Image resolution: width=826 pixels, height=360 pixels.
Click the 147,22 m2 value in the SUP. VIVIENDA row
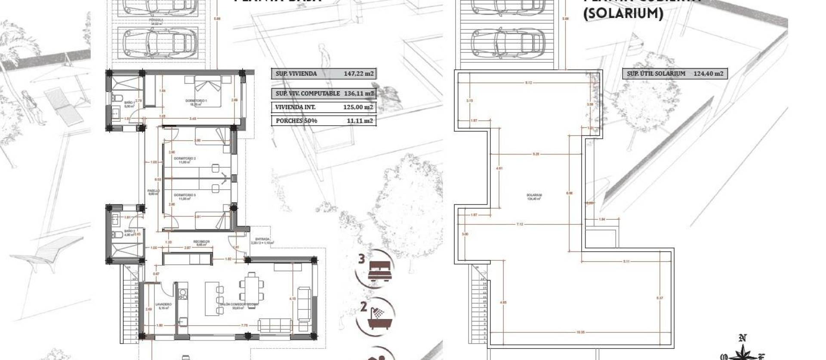[358, 74]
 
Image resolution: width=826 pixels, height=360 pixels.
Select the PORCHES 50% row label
[296, 121]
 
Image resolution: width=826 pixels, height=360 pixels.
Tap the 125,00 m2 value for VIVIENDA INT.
[358, 107]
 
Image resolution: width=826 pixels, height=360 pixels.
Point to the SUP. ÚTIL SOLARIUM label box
[656, 74]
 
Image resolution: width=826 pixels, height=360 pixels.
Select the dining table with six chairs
[250, 288]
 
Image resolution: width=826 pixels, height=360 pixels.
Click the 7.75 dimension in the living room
[244, 326]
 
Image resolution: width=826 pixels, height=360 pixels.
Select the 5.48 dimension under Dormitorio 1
[193, 119]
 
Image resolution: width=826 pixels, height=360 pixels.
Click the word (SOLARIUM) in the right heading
[623, 14]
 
